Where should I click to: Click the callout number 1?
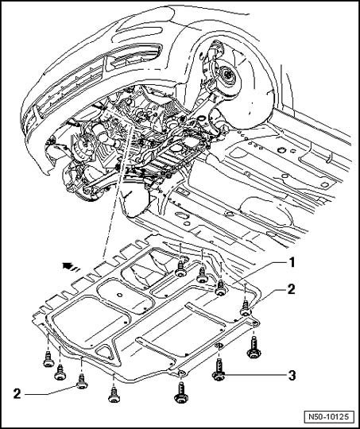pos(292,263)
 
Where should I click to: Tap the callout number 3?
pos(292,375)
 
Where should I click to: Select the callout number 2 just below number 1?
pos(292,290)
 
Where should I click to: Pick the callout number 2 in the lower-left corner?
pos(17,394)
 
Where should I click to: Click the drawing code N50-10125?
pos(328,417)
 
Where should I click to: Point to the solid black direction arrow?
pos(67,265)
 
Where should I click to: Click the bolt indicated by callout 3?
pos(219,369)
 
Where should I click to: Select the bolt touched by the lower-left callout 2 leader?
pos(82,381)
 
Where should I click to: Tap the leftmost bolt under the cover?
pos(48,359)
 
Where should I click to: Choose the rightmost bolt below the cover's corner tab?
pos(254,347)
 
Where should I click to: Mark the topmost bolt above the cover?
pos(180,269)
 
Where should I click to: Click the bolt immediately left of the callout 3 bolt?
pos(180,392)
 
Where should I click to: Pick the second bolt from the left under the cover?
pos(60,373)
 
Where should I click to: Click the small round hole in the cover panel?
pos(119,295)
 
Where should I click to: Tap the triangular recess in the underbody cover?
pos(106,353)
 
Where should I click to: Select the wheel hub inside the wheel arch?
pos(226,75)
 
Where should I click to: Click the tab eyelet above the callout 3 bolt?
pos(219,346)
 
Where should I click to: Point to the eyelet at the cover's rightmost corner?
pos(255,324)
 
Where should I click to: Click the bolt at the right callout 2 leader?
pos(246,308)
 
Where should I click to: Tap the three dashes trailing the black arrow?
pos(75,269)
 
